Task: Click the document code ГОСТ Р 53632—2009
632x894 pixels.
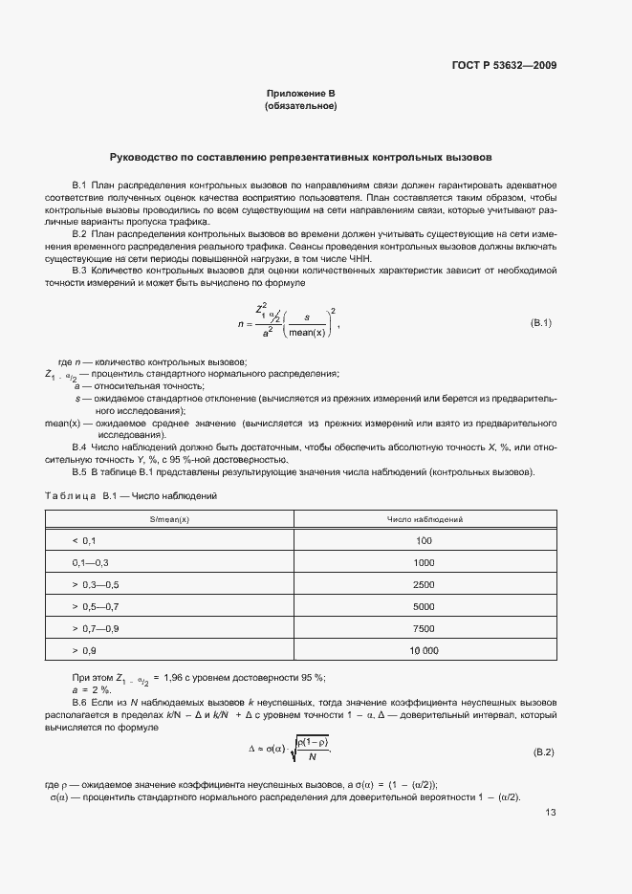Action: [505, 65]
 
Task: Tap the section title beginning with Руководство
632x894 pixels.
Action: [300, 155]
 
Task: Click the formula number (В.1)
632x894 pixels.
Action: [541, 322]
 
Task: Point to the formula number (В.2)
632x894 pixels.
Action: [542, 753]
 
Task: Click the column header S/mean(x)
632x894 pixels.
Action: [169, 518]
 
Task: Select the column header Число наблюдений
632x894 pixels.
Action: [425, 518]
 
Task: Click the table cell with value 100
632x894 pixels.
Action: [425, 540]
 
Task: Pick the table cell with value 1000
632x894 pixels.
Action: [425, 562]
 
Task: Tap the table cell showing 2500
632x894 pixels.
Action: [425, 584]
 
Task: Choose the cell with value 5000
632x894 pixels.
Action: [425, 606]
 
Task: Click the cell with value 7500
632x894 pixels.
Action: [425, 628]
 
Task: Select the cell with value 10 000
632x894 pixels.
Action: [425, 650]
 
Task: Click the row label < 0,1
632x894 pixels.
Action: [84, 540]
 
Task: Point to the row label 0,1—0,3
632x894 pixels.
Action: [91, 562]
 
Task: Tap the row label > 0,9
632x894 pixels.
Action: [84, 650]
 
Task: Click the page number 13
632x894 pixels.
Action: [550, 813]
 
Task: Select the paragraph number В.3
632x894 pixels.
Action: [80, 270]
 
